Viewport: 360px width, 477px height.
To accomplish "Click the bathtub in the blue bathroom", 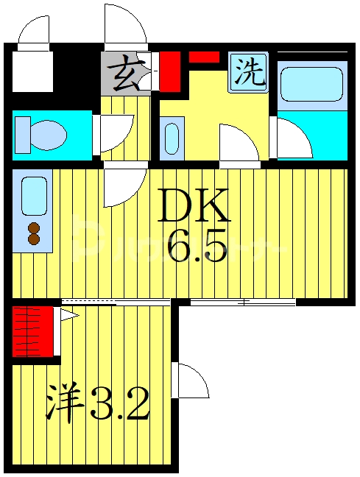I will click(x=311, y=83).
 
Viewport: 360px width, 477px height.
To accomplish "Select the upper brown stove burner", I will click(x=33, y=226).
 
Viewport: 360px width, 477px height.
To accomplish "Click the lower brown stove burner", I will click(x=33, y=238).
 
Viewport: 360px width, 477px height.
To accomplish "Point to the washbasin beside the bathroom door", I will click(x=172, y=138).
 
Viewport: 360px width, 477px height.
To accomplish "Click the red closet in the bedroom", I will click(x=34, y=331).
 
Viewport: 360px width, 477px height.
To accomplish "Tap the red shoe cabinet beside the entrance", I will click(x=171, y=69).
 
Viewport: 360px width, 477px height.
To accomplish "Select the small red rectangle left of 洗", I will click(x=204, y=57).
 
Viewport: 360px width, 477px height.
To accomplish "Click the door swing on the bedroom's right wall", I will click(x=192, y=381).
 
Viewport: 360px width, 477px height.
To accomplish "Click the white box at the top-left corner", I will click(x=31, y=70).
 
